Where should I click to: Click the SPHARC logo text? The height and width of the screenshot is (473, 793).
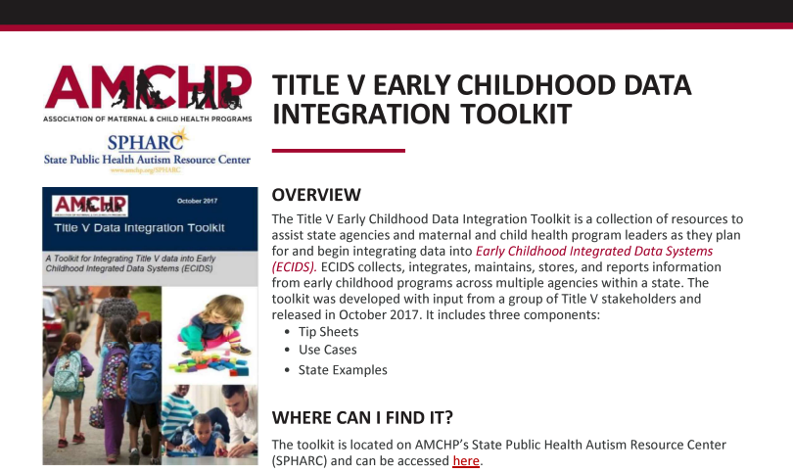[x=146, y=141]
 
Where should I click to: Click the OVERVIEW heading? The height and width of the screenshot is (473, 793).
[x=316, y=195]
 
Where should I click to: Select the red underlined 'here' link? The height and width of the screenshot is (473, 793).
[x=465, y=460]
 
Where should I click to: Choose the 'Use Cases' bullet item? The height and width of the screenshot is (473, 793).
[x=327, y=350]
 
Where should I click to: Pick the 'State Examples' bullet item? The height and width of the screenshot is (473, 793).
[x=343, y=370]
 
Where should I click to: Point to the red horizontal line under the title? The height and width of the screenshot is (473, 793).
[x=338, y=151]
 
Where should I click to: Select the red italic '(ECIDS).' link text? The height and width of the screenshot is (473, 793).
[x=294, y=266]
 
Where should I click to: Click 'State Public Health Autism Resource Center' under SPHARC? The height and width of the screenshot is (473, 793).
[x=147, y=159]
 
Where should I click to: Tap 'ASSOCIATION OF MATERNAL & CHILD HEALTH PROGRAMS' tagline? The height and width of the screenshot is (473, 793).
[x=147, y=118]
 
